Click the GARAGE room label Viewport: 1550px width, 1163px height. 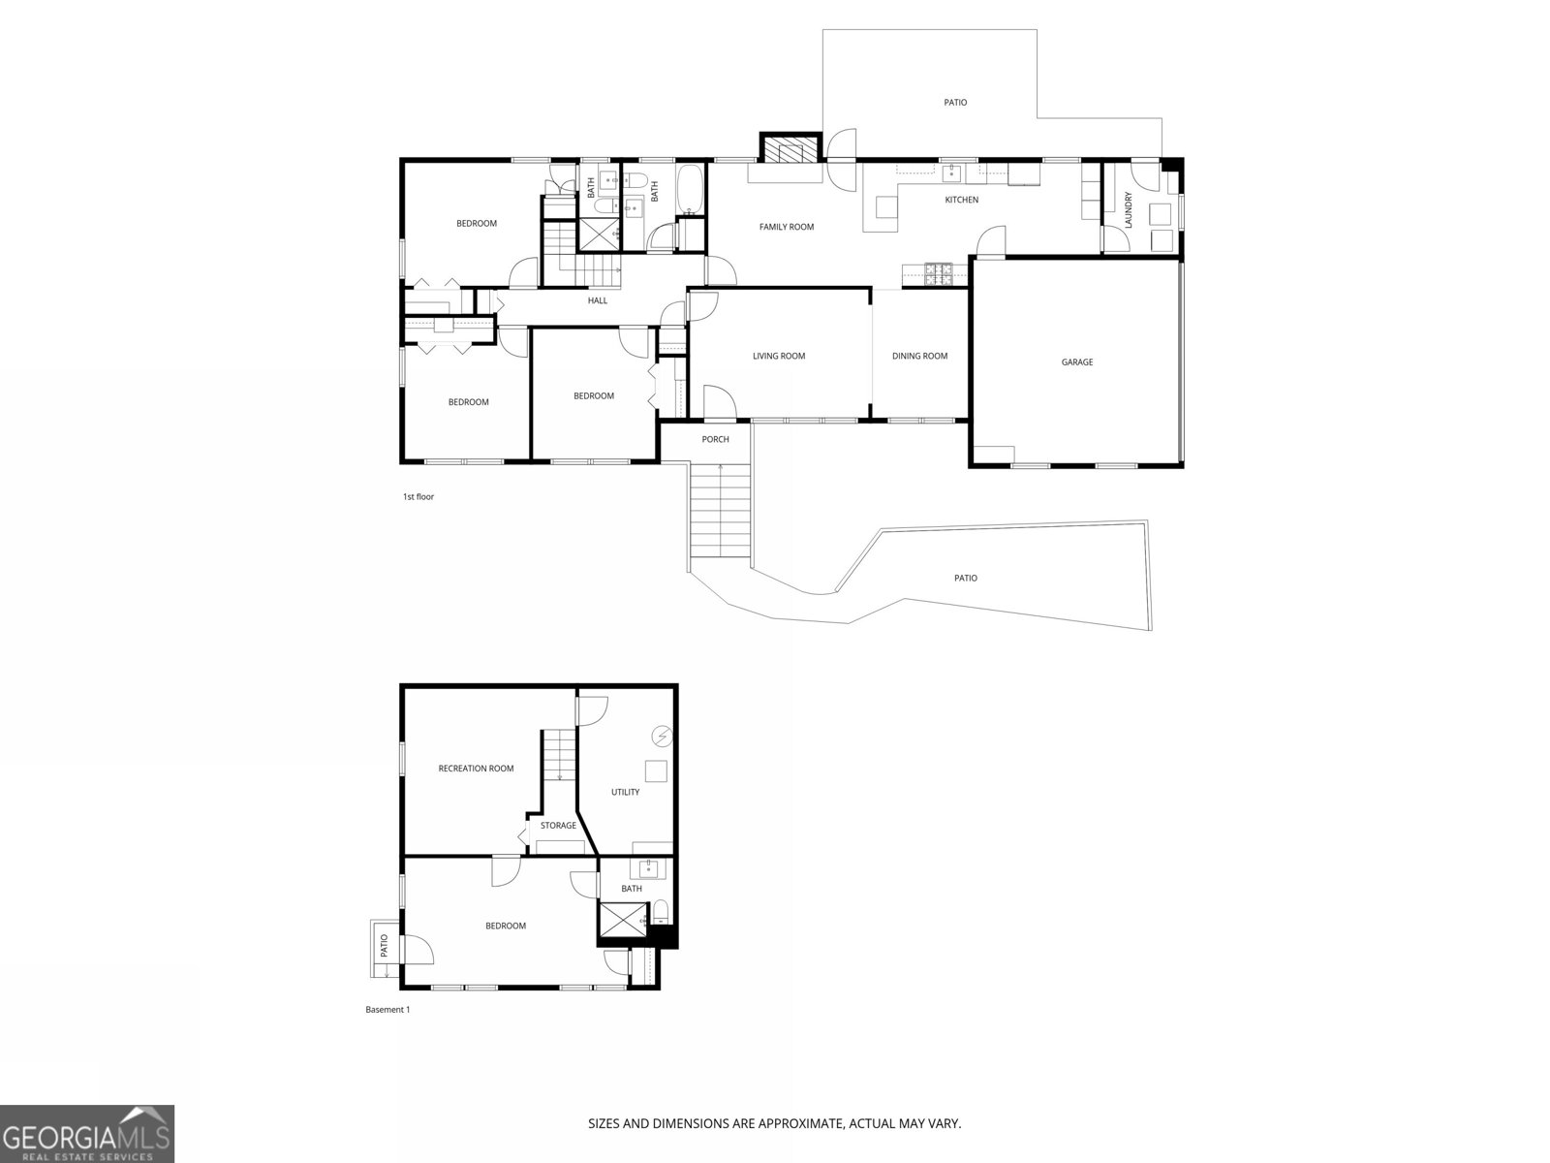[x=1077, y=362]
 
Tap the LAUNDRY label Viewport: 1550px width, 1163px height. [x=1128, y=209]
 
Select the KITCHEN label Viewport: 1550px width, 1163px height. [x=962, y=200]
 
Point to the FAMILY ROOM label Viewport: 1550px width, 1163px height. [x=787, y=227]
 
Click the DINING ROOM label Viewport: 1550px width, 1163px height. [x=919, y=356]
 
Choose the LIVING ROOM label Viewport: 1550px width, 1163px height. [x=779, y=356]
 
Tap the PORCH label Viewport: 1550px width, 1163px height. [x=715, y=439]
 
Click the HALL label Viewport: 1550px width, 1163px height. [x=598, y=300]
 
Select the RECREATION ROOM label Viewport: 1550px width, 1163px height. [x=476, y=769]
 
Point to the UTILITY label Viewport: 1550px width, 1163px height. [x=625, y=792]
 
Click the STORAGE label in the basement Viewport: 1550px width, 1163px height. [x=558, y=826]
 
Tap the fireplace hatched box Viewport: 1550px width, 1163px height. [x=790, y=148]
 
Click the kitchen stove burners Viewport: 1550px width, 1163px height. [x=939, y=274]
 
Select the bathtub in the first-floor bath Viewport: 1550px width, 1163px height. [x=690, y=189]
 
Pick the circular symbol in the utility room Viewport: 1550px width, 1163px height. [x=663, y=736]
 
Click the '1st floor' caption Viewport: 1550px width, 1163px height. [x=418, y=497]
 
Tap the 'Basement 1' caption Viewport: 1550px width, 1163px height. [x=387, y=1010]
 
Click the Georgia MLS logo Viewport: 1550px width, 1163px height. [x=87, y=1134]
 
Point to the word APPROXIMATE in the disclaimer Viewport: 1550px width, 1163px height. [x=800, y=1123]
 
